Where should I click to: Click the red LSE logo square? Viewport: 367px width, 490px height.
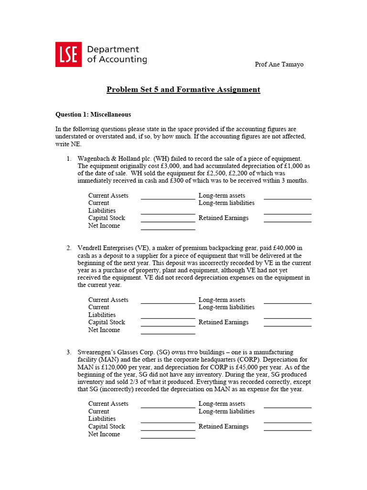pyautogui.click(x=68, y=54)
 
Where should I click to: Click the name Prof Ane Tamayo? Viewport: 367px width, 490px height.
pyautogui.click(x=279, y=65)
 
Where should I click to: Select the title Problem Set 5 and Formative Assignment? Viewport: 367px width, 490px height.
pyautogui.click(x=183, y=89)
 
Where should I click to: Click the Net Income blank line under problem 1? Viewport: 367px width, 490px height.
pyautogui.click(x=168, y=229)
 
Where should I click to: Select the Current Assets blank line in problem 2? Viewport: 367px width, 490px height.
pyautogui.click(x=168, y=302)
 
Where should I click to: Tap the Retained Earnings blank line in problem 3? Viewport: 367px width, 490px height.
pyautogui.click(x=287, y=429)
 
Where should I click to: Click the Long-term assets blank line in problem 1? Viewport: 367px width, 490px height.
pyautogui.click(x=287, y=198)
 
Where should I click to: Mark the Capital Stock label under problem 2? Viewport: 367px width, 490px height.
pyautogui.click(x=107, y=322)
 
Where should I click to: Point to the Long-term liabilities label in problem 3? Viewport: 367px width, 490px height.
pyautogui.click(x=227, y=411)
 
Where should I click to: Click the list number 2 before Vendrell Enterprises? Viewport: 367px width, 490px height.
pyautogui.click(x=68, y=248)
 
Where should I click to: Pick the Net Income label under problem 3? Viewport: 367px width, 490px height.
pyautogui.click(x=104, y=434)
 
